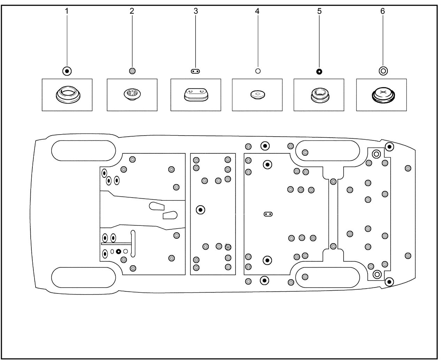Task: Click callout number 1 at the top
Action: tap(67, 11)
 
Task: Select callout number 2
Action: tap(132, 11)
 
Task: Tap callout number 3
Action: tap(195, 11)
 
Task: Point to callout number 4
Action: tap(257, 11)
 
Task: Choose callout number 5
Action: tap(319, 11)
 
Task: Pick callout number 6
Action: tap(383, 11)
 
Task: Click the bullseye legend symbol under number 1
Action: tap(67, 71)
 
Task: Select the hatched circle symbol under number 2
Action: tap(132, 71)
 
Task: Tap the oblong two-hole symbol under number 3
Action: tap(195, 71)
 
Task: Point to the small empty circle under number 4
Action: tap(258, 71)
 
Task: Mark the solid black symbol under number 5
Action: tap(319, 72)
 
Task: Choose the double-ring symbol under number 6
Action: tap(383, 71)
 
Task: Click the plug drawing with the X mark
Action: tap(383, 95)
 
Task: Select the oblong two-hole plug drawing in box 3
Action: tap(196, 95)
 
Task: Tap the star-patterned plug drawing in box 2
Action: tap(132, 94)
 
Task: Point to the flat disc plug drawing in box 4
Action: tap(258, 95)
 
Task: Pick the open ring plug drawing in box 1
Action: tap(68, 94)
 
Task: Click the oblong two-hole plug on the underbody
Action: tap(268, 214)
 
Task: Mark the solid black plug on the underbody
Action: tap(118, 251)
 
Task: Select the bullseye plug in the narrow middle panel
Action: tap(200, 210)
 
